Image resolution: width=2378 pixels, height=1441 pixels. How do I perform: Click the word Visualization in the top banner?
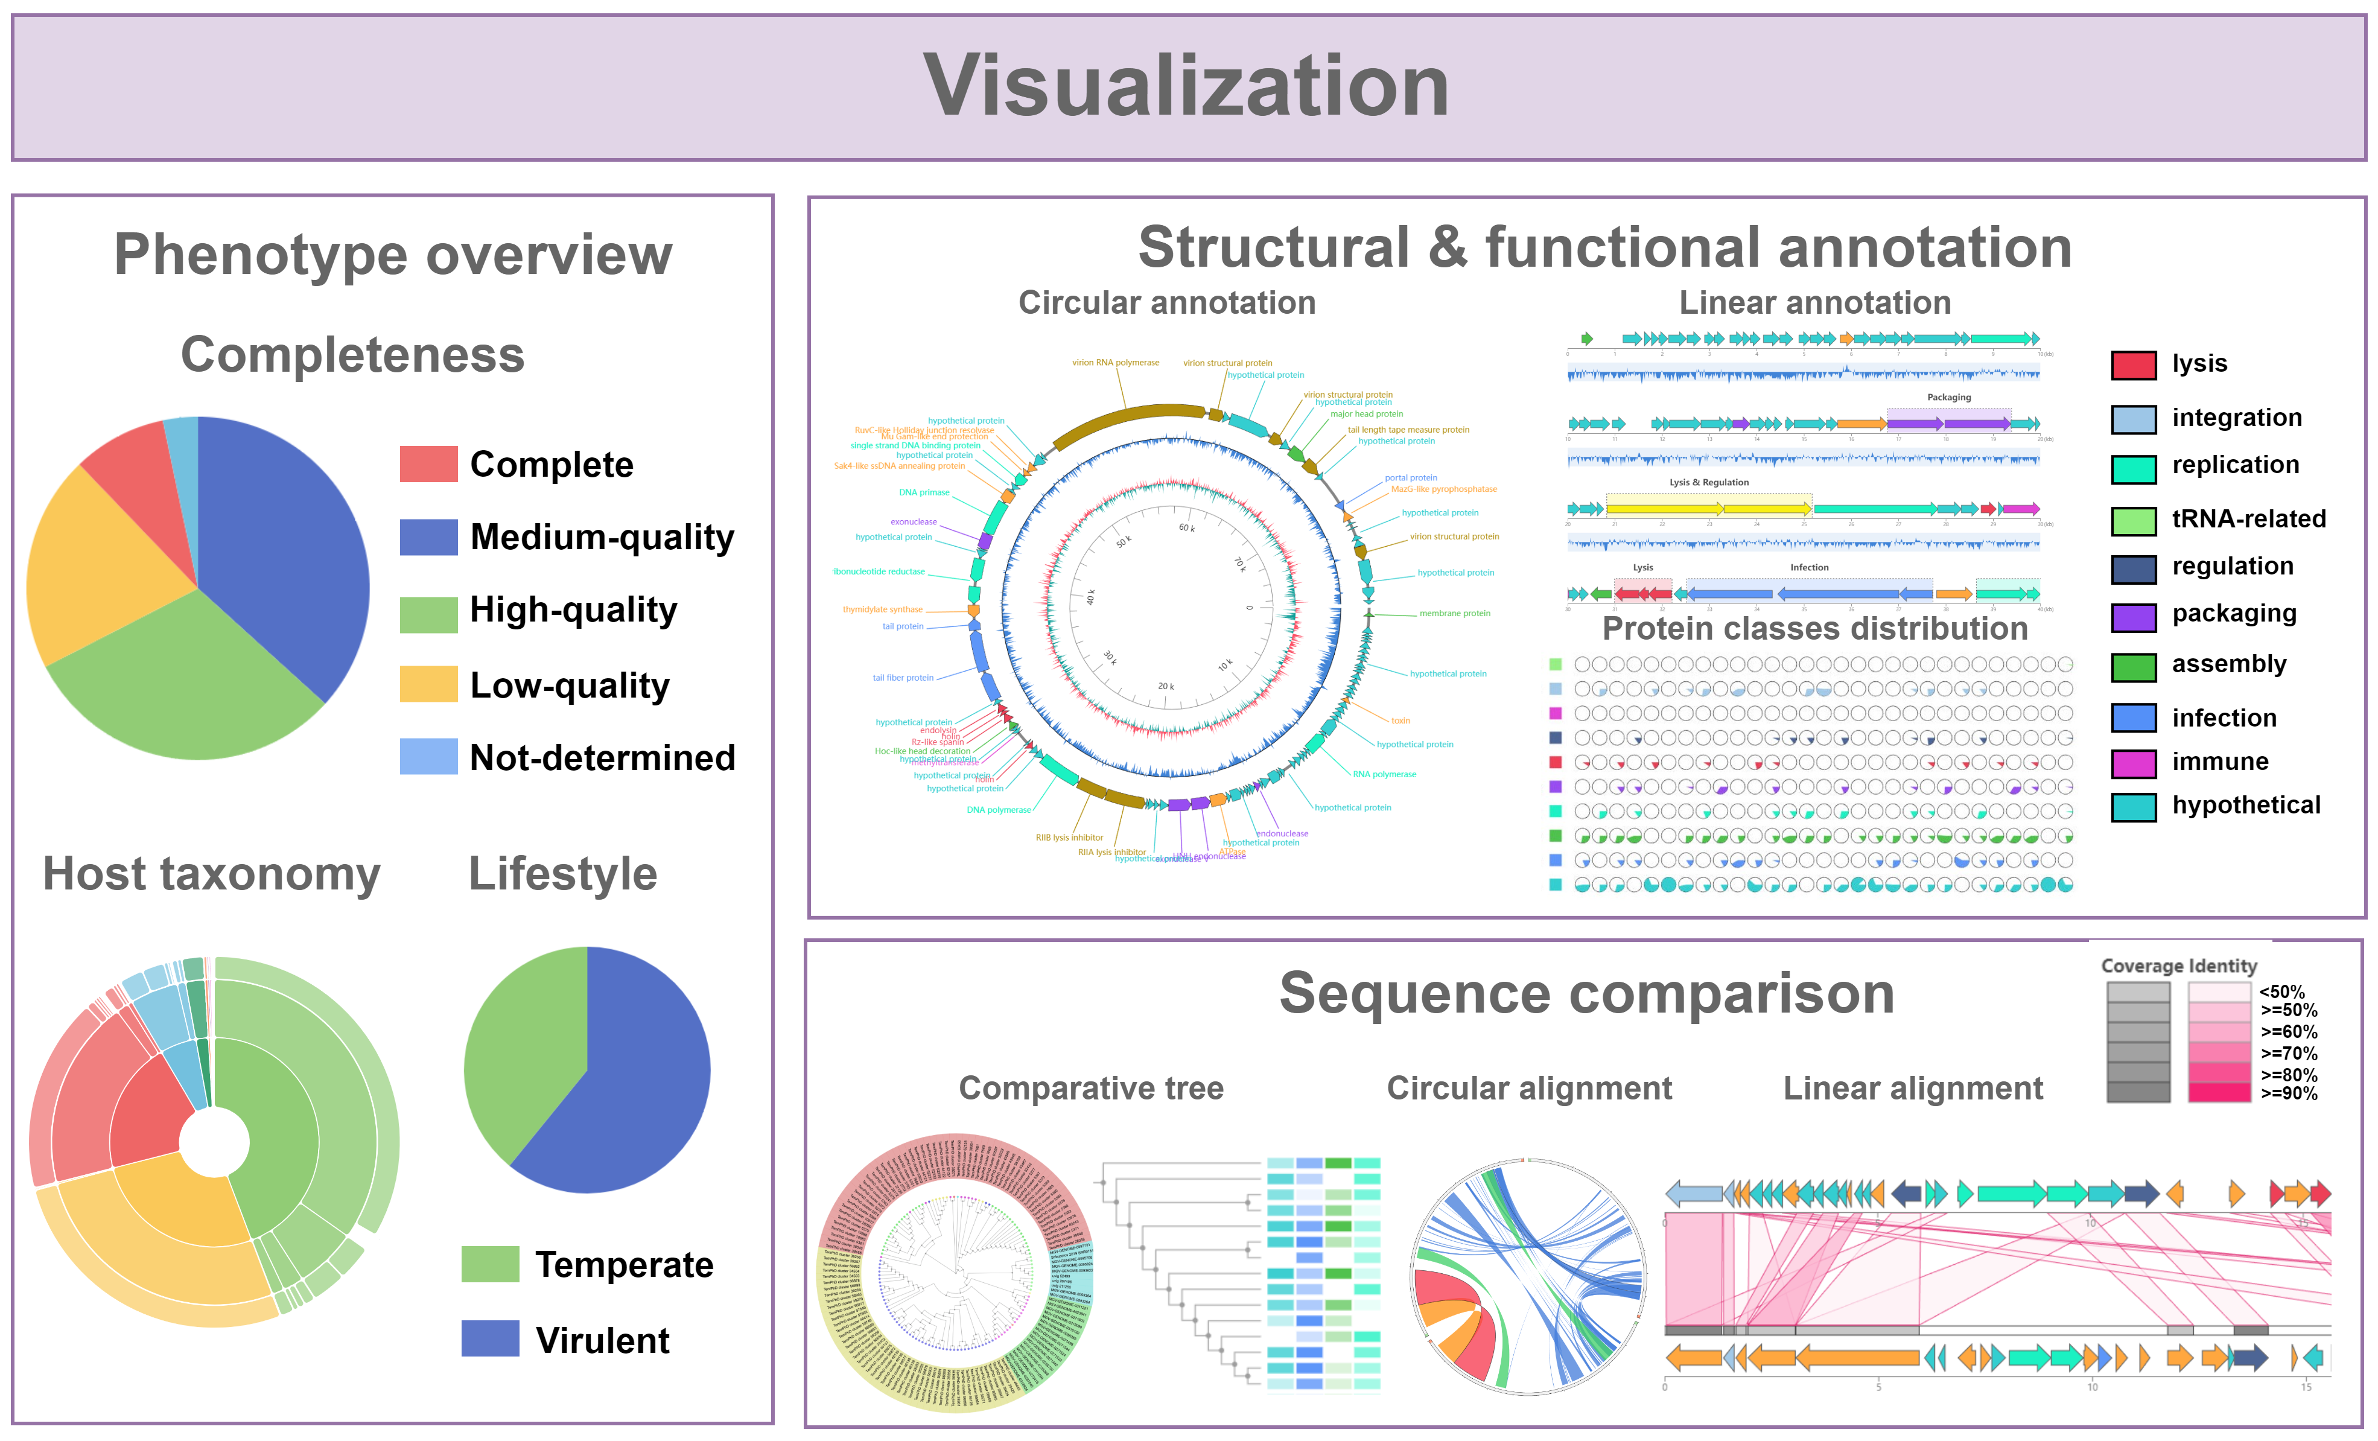(1186, 87)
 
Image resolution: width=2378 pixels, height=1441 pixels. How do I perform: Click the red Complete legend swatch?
(428, 464)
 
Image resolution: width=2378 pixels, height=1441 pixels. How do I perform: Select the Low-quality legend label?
(570, 686)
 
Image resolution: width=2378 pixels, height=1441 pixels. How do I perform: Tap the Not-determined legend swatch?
(428, 757)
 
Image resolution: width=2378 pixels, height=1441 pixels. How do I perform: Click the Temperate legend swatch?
(491, 1264)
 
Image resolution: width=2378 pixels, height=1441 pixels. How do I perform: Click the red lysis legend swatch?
(2133, 365)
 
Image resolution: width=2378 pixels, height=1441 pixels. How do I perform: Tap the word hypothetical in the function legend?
(2246, 805)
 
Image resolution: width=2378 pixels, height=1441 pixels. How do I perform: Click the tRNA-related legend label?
(2249, 520)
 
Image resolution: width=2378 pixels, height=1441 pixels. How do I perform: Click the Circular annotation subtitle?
(1167, 303)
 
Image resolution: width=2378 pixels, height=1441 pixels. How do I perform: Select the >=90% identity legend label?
(2288, 1093)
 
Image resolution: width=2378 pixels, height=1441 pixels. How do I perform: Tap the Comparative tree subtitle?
(1090, 1089)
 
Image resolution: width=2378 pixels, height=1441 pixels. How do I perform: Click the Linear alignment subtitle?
(1913, 1089)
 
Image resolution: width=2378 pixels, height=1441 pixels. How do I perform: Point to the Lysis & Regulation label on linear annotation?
(1708, 483)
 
